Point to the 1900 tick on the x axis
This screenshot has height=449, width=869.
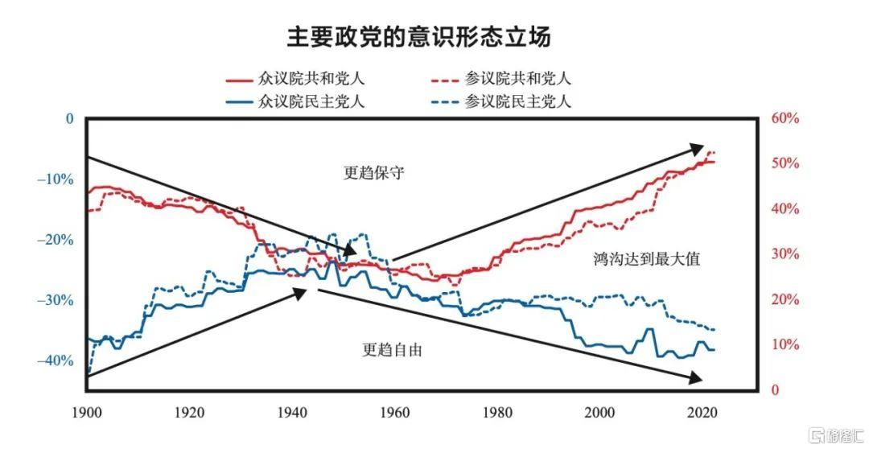85,412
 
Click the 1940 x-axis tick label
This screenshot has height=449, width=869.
291,412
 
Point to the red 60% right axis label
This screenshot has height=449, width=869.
785,118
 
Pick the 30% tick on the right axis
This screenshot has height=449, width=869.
785,254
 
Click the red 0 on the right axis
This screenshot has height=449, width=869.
775,390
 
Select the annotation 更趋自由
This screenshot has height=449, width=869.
392,350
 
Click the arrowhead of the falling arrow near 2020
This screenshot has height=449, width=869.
696,378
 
